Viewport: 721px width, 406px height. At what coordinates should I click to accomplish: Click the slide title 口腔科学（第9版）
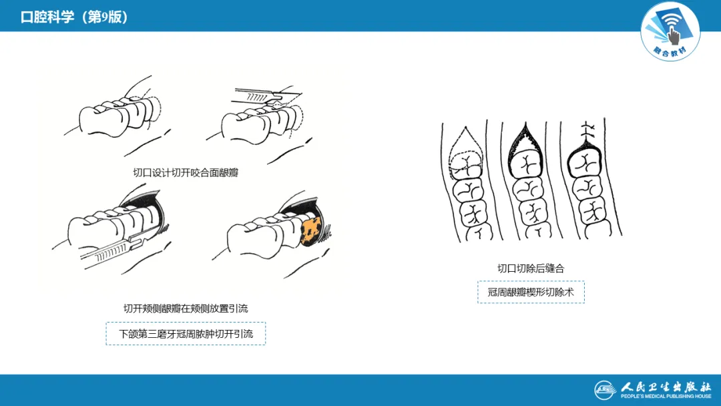(x=74, y=17)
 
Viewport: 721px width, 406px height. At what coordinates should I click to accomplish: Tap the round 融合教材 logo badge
(x=670, y=31)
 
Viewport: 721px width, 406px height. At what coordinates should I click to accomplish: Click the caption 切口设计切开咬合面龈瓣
(x=186, y=173)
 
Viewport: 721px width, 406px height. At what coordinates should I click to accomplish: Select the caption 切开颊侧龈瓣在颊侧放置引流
(x=186, y=309)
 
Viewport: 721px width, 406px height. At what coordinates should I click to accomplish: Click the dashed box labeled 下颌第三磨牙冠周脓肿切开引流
(x=186, y=334)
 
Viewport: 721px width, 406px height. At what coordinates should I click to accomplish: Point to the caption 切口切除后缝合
(x=531, y=268)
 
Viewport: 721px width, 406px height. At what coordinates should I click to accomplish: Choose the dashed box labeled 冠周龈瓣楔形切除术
(x=531, y=292)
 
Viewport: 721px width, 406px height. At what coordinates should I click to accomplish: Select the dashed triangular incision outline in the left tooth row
(x=465, y=152)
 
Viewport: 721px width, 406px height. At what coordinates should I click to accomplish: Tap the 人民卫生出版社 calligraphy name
(x=666, y=386)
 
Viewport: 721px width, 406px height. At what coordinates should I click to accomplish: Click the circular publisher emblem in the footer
(x=605, y=390)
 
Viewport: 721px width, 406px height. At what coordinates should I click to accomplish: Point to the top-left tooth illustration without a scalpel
(x=117, y=113)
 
